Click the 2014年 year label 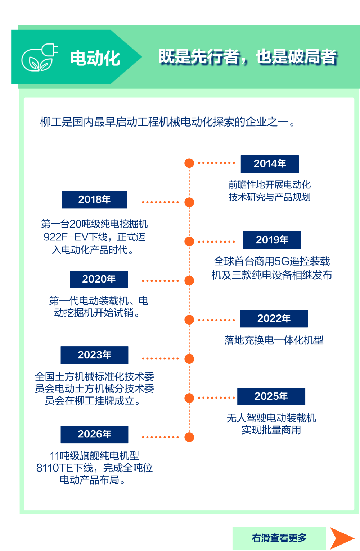[270, 164]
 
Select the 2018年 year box [94, 200]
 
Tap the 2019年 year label [272, 240]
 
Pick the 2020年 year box [99, 279]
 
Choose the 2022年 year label [274, 319]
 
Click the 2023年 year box [94, 355]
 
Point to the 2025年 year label [271, 396]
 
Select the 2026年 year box [94, 435]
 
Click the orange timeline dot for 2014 [189, 163]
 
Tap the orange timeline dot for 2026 [189, 437]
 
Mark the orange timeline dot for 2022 [189, 320]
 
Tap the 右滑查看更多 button [279, 538]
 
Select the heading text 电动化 [95, 59]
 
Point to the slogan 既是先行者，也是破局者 [248, 57]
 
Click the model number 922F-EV [66, 237]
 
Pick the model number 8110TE [55, 468]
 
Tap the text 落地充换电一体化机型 [274, 340]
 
